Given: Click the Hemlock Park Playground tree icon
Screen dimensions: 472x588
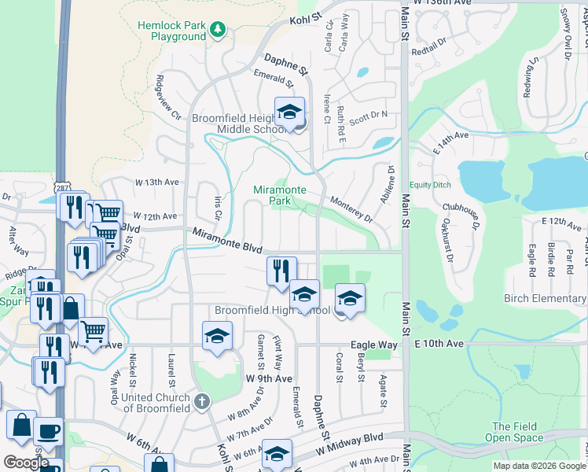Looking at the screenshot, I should point(218,30).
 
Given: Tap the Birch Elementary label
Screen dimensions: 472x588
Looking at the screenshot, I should point(545,299).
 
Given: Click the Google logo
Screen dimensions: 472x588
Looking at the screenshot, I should point(25,463).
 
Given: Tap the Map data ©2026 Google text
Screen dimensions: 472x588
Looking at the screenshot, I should point(538,466).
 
